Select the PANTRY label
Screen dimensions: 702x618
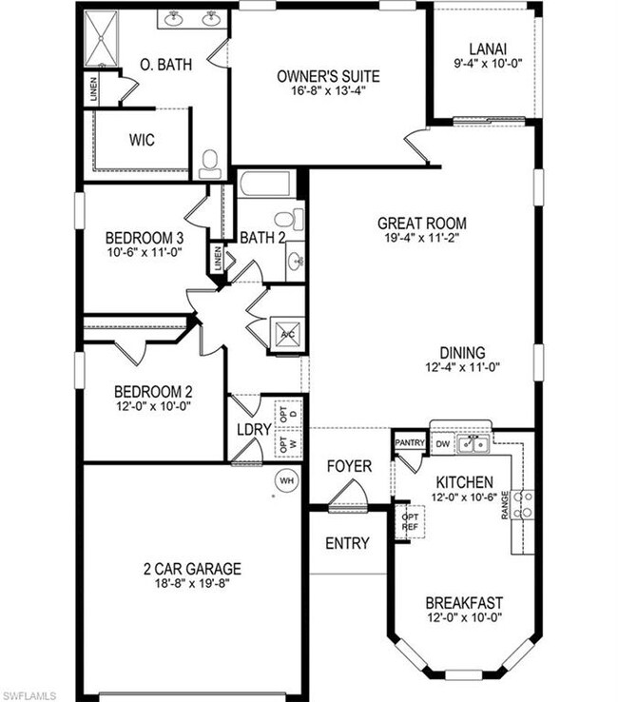(x=409, y=442)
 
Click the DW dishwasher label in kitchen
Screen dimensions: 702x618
(x=442, y=443)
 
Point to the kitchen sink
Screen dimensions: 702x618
(x=473, y=443)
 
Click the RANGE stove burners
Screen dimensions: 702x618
(x=522, y=504)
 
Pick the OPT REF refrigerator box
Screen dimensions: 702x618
(x=412, y=521)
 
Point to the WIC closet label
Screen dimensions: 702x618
(x=143, y=139)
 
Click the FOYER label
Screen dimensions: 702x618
(x=350, y=466)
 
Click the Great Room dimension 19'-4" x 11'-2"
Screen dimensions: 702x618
(x=422, y=240)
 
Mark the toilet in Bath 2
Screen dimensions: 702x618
(x=295, y=220)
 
